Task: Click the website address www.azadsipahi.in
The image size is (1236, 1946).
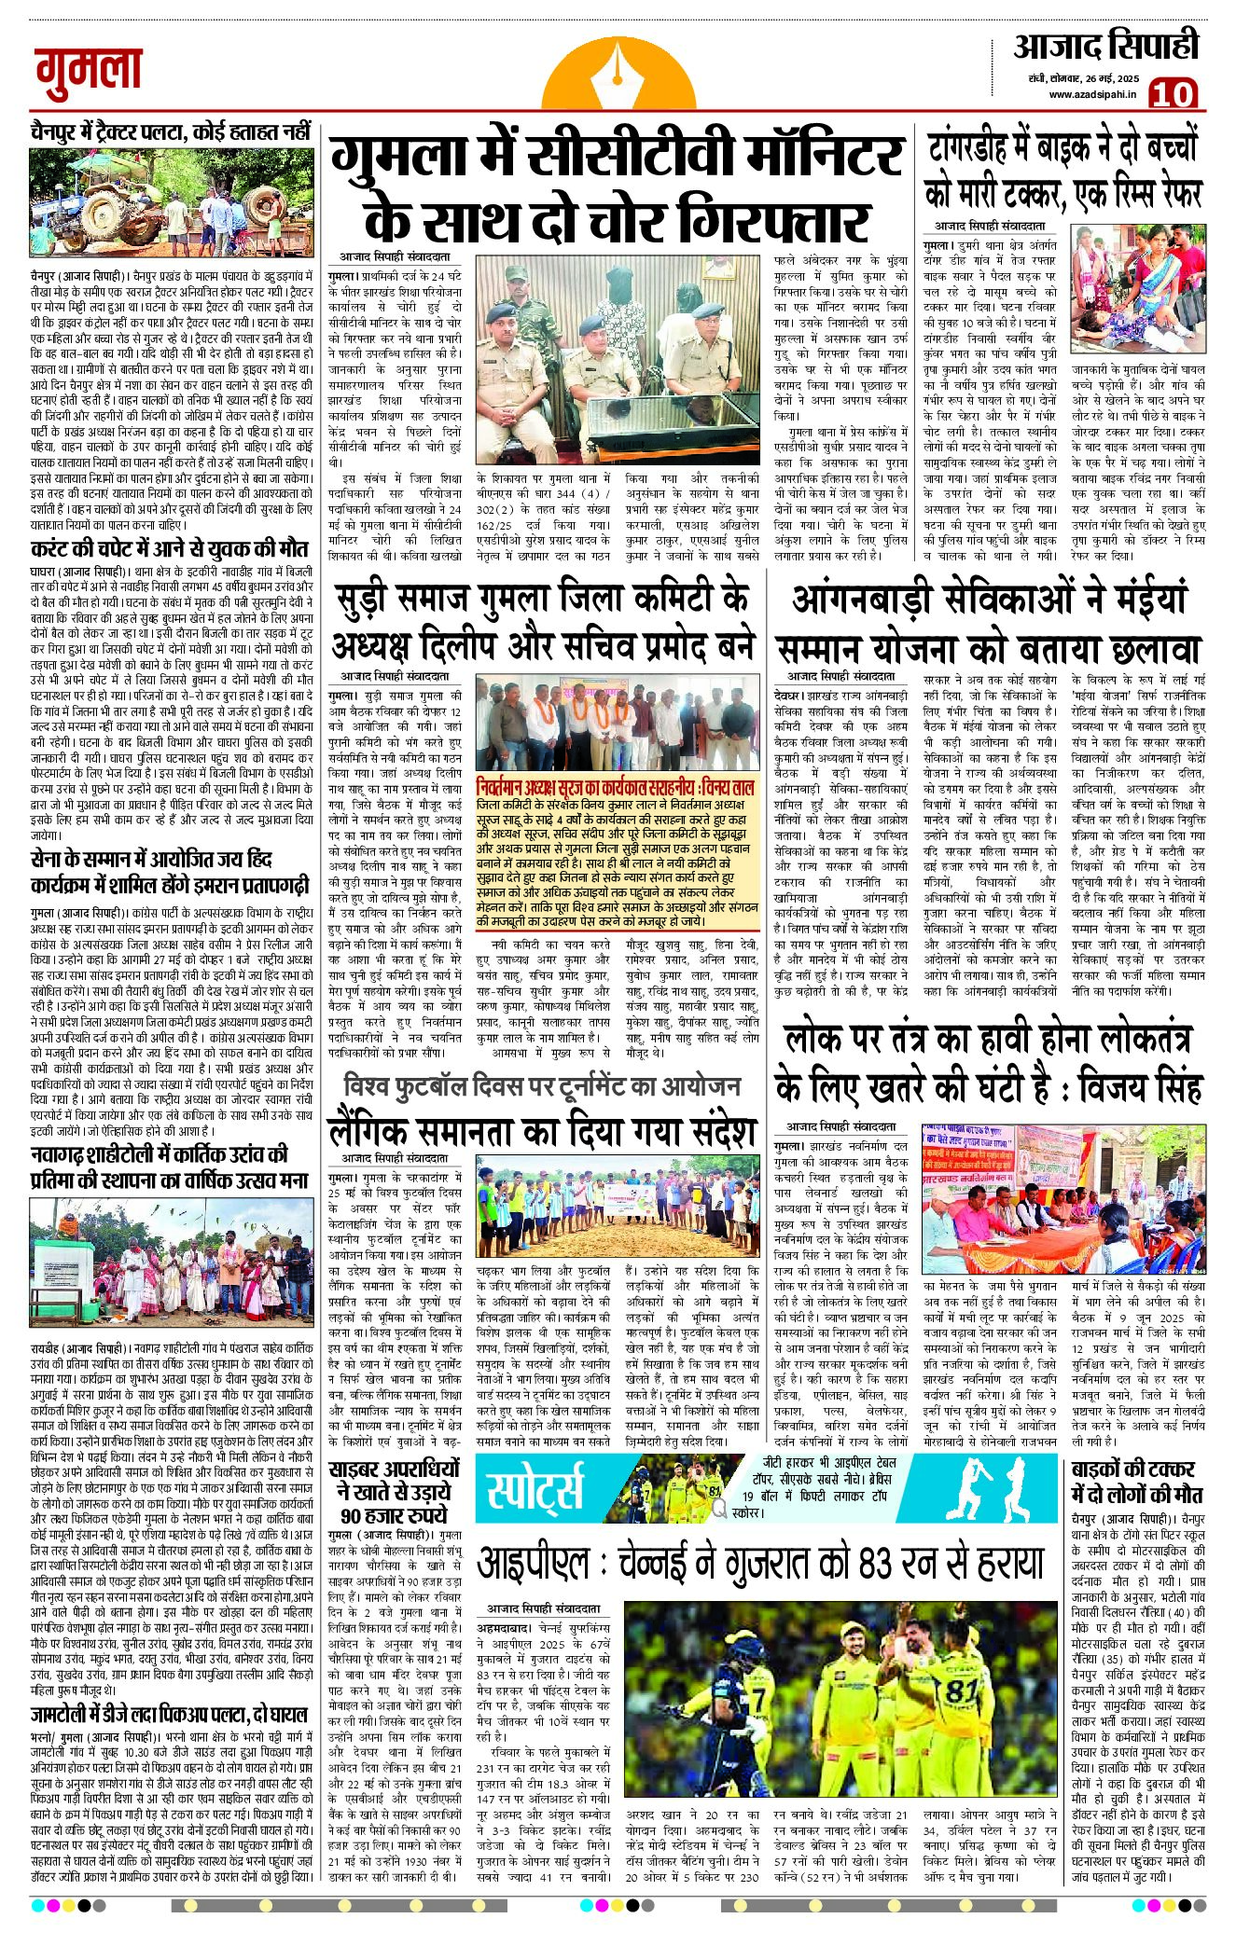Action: (1091, 94)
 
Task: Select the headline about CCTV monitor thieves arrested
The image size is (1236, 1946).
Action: (618, 190)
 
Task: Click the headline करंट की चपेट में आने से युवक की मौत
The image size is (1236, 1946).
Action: (169, 548)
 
